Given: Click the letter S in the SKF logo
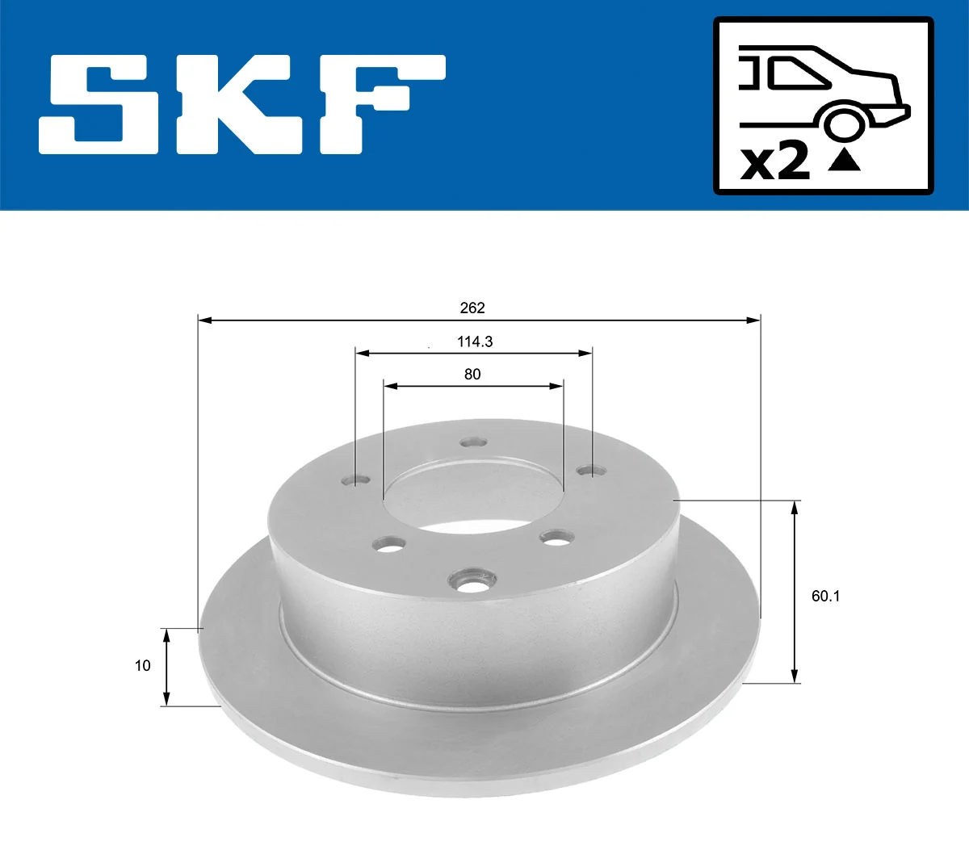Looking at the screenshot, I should [99, 104].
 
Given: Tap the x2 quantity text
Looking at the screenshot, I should [774, 161].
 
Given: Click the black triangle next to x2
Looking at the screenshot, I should [844, 160].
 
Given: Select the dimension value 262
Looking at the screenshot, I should [472, 308].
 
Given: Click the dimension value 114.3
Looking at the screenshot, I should [475, 341].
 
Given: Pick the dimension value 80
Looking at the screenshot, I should [472, 374].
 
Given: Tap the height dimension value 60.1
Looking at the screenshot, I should [825, 596].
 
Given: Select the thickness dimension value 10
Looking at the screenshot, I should [143, 665].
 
